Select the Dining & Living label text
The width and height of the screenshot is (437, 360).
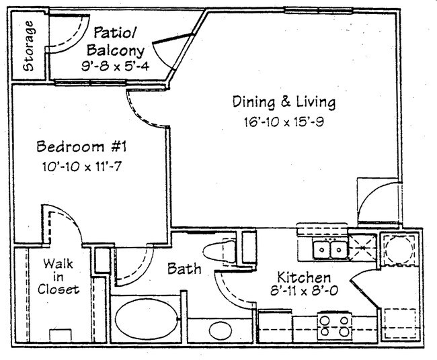283,103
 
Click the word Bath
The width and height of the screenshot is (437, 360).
184,269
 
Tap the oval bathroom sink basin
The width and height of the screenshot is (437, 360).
220,330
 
